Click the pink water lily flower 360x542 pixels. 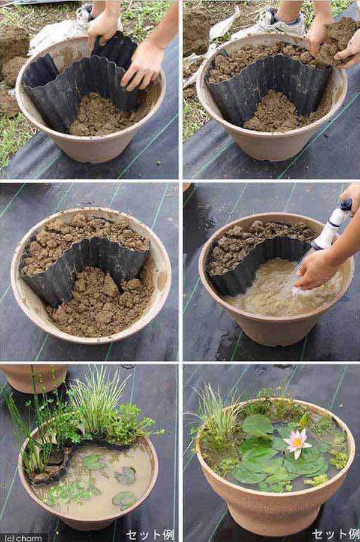[x=296, y=442]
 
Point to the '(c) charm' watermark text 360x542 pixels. [x=23, y=538]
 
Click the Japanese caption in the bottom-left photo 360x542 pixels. [x=150, y=535]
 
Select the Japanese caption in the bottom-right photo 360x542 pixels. [x=336, y=534]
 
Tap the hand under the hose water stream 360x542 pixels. [x=314, y=273]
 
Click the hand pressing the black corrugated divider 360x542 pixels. [x=142, y=67]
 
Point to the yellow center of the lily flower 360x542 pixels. [x=297, y=441]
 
